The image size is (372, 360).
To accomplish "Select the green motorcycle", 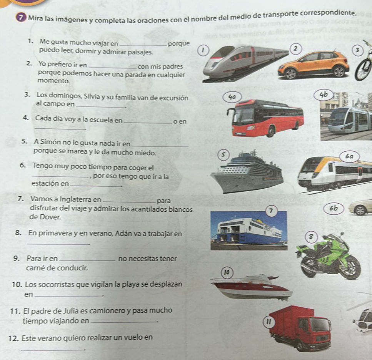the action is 328,256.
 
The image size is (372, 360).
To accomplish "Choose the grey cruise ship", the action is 247,173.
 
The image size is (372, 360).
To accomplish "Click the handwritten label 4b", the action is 324,95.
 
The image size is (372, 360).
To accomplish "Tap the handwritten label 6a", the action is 350,156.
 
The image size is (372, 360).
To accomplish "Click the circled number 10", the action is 227,272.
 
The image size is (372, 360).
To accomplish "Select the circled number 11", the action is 268,323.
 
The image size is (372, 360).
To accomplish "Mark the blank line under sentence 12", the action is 53,350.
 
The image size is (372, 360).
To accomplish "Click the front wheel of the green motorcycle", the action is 350,268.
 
